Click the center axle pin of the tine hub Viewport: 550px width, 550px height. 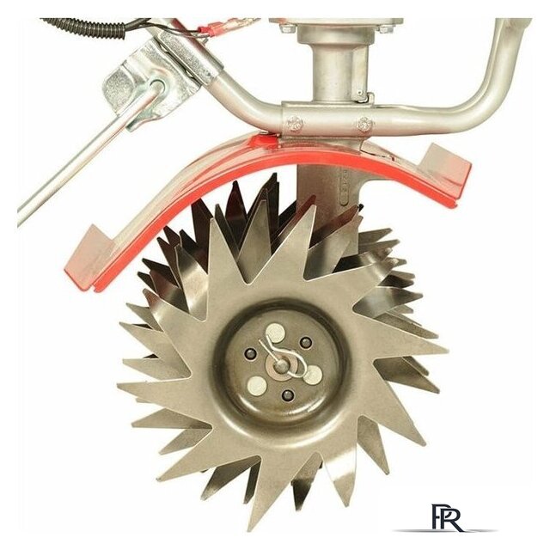click(x=280, y=366)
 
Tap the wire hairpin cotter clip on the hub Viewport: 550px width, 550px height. click(x=283, y=357)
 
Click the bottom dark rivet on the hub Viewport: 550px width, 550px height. click(x=288, y=395)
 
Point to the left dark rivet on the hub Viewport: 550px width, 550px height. click(x=251, y=353)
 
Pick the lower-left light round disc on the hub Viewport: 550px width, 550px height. click(x=256, y=385)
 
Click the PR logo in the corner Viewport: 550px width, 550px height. click(x=446, y=518)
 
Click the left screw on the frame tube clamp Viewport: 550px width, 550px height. click(x=295, y=123)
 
